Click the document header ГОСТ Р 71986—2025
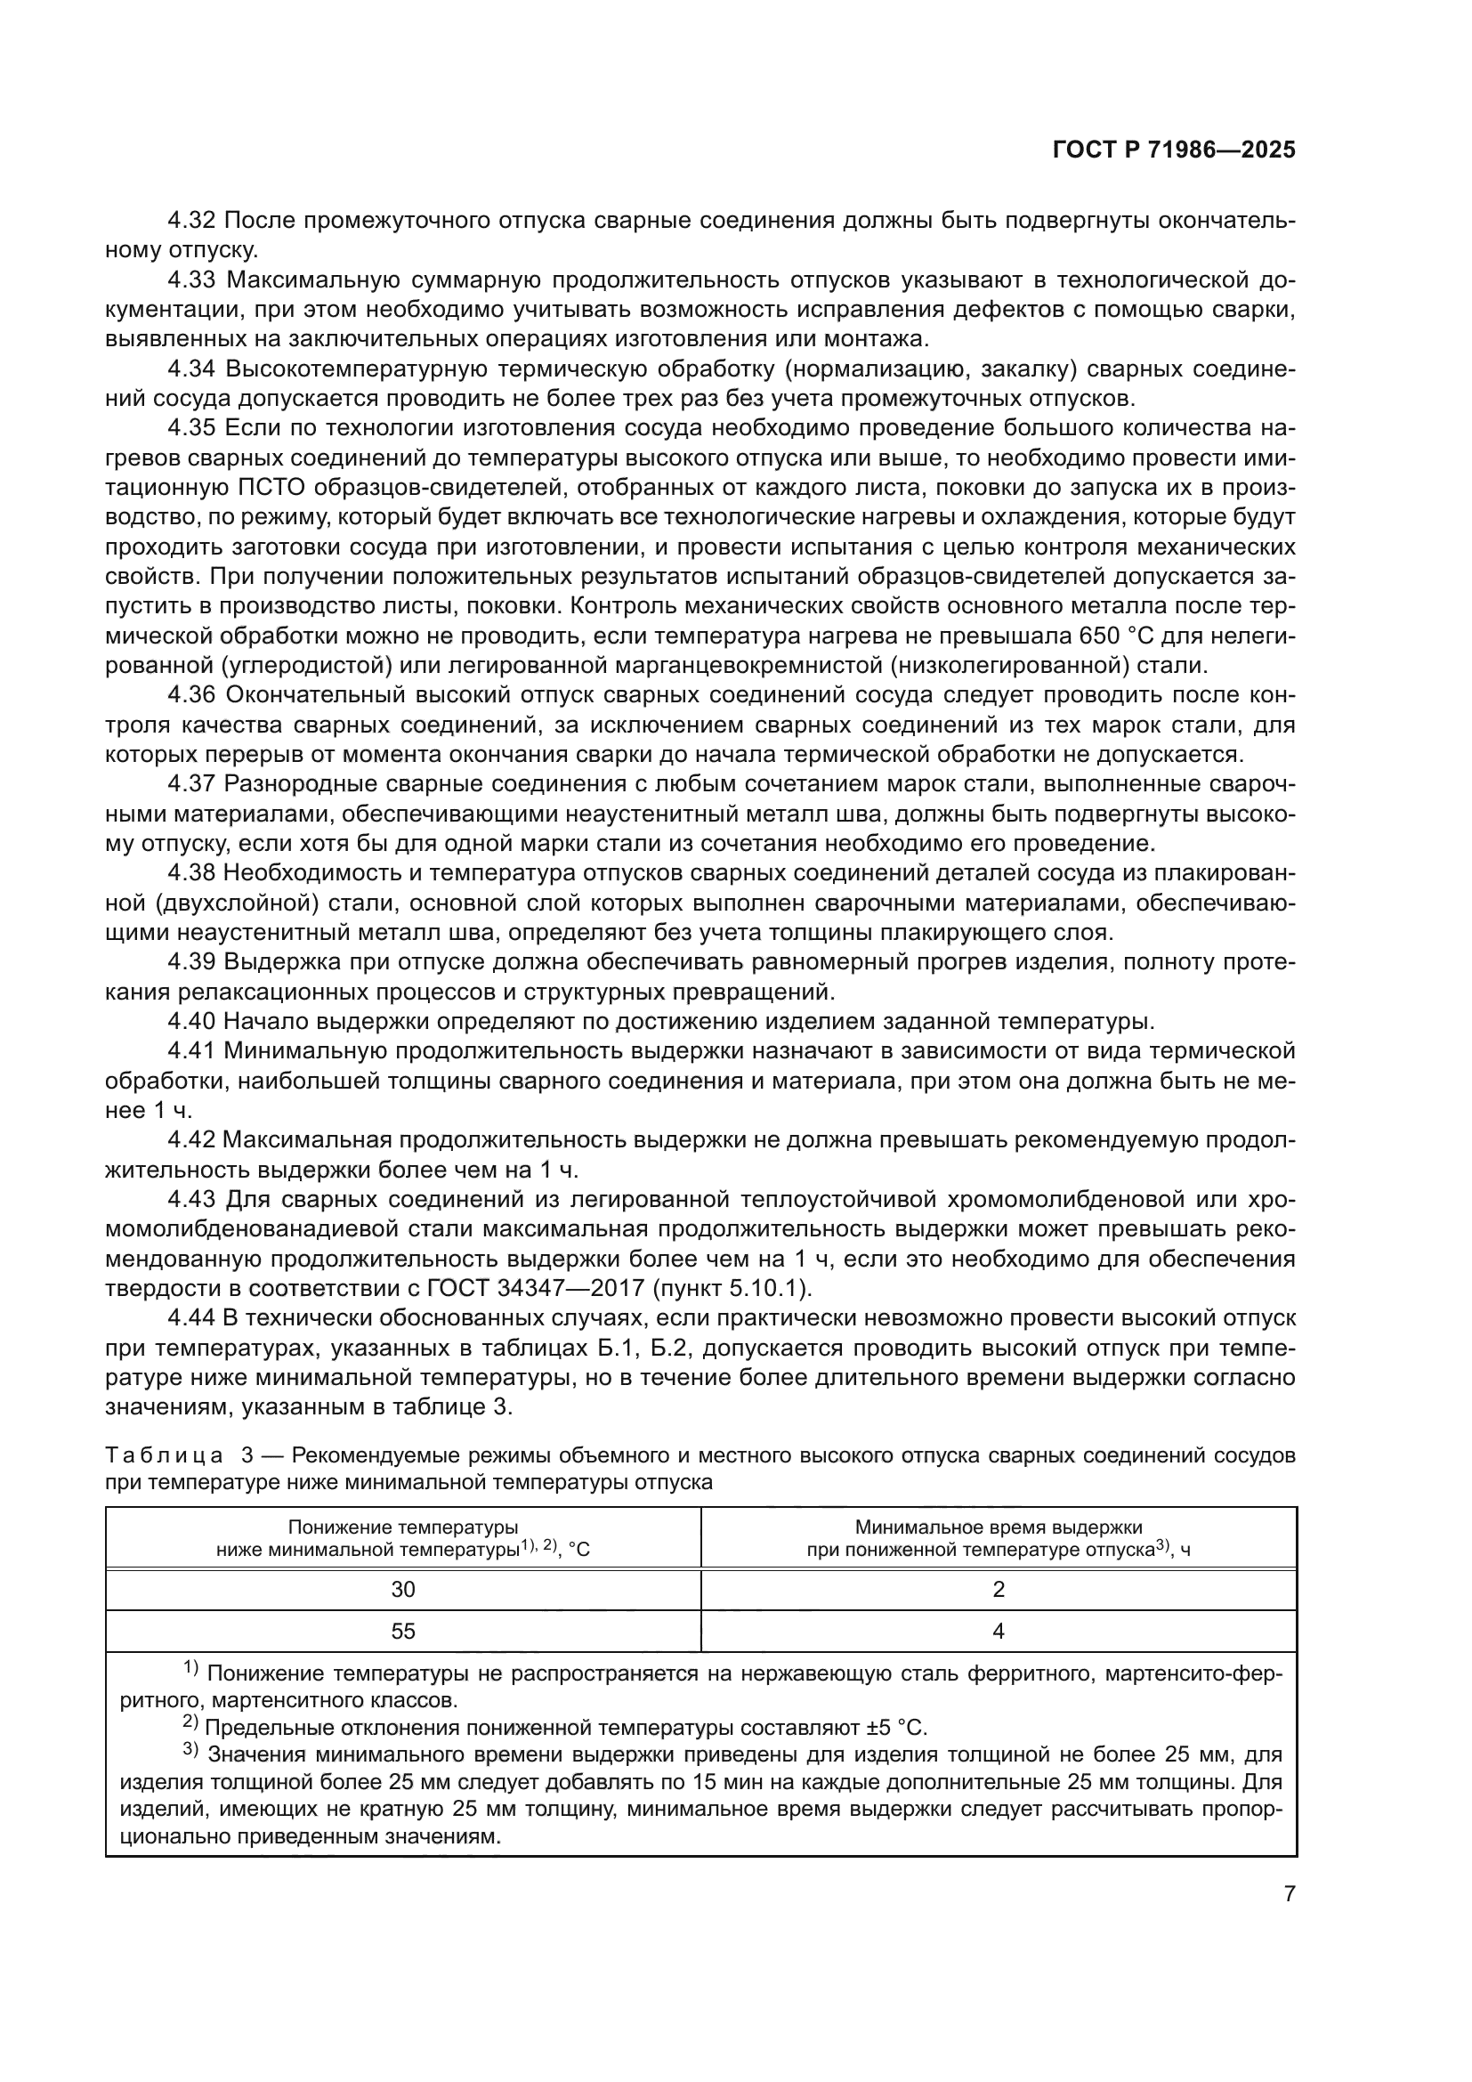(1174, 150)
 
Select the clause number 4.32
(191, 221)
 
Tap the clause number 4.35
(191, 428)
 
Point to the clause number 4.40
(191, 1021)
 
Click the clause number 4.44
(191, 1317)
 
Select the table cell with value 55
(402, 1631)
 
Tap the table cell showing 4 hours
(998, 1631)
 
